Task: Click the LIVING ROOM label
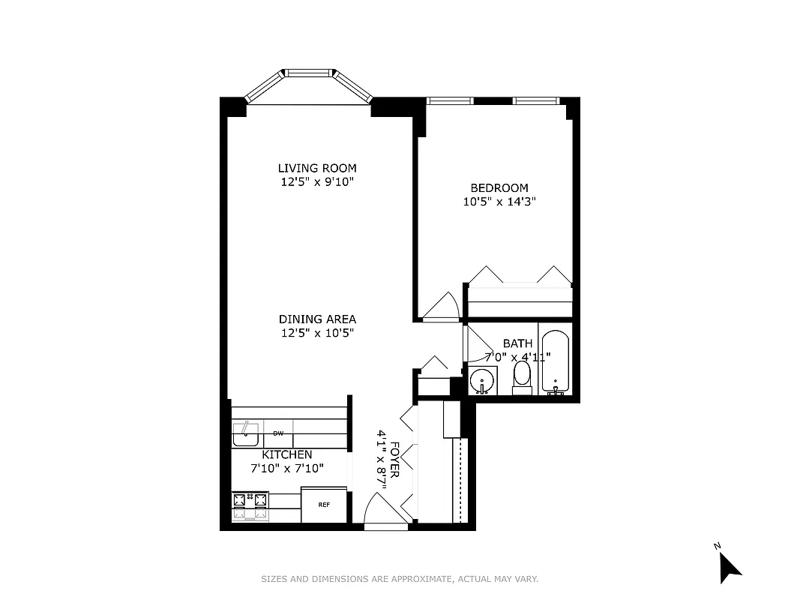pyautogui.click(x=317, y=168)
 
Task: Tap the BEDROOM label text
pyautogui.click(x=499, y=187)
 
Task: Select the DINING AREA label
pyautogui.click(x=317, y=319)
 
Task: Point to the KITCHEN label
pyautogui.click(x=286, y=454)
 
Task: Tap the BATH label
pyautogui.click(x=517, y=343)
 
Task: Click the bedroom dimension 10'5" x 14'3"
pyautogui.click(x=499, y=201)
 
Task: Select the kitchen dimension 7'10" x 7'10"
pyautogui.click(x=286, y=468)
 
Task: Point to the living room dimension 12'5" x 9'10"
pyautogui.click(x=317, y=181)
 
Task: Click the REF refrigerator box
pyautogui.click(x=324, y=505)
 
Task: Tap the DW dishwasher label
pyautogui.click(x=278, y=433)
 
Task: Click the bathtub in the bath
pyautogui.click(x=555, y=361)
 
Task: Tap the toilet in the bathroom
pyautogui.click(x=522, y=376)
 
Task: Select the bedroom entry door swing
pyautogui.click(x=442, y=307)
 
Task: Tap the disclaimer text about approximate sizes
pyautogui.click(x=400, y=579)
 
